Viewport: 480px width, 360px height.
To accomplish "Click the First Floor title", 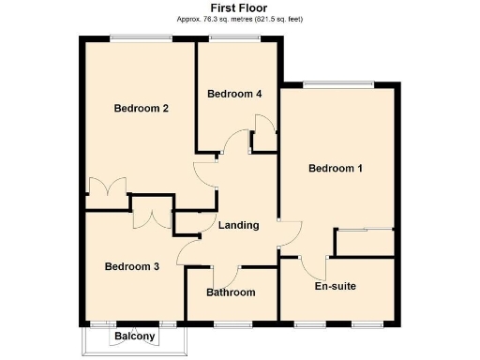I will point(239,7).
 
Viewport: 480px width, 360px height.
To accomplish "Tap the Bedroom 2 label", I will point(142,108).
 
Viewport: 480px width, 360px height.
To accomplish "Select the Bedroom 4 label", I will point(234,94).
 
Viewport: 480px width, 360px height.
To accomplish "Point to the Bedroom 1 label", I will point(336,169).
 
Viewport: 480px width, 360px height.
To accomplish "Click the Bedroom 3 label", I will point(131,266).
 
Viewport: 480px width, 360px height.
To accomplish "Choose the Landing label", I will point(238,225).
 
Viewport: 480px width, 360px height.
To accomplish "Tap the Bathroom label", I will point(231,292).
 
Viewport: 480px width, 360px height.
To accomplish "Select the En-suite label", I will point(336,286).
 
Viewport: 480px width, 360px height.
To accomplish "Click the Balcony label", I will point(135,336).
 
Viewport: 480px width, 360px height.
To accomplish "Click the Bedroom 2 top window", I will point(140,37).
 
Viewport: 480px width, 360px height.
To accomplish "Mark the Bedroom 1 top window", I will point(335,85).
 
